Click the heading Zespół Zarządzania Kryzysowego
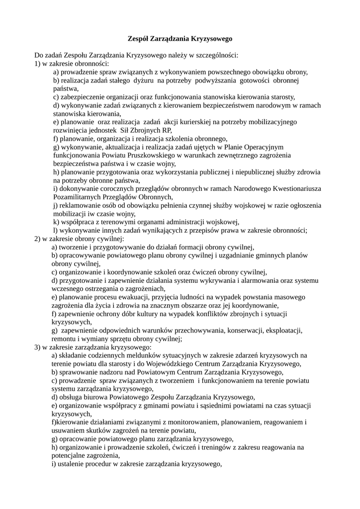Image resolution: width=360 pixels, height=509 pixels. tap(180, 38)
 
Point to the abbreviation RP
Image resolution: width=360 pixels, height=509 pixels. tap(167, 130)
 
